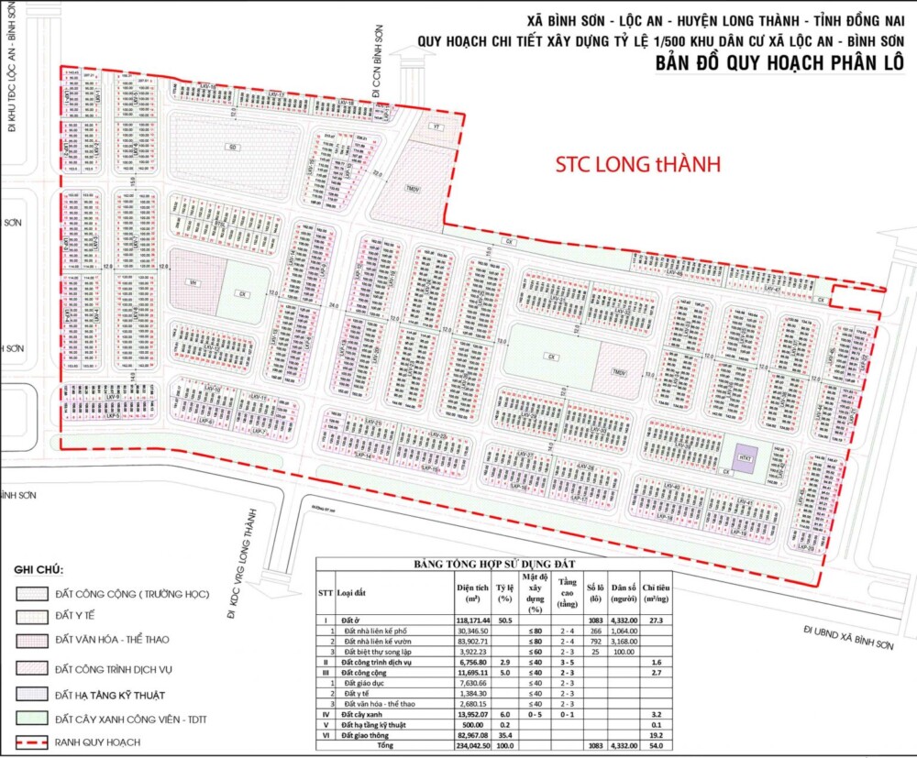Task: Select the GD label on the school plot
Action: pos(233,148)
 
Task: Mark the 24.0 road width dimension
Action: pos(334,304)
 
